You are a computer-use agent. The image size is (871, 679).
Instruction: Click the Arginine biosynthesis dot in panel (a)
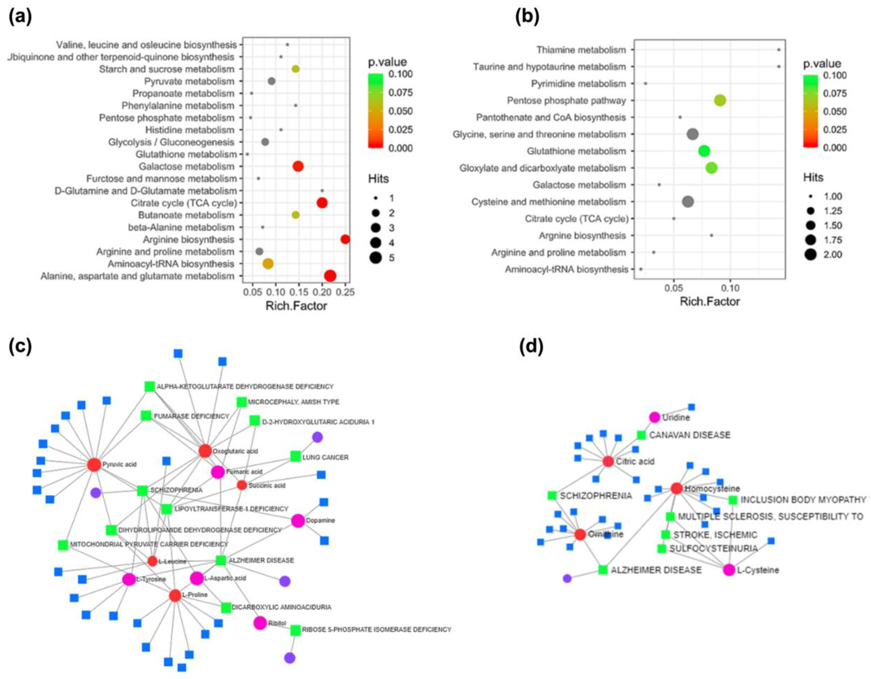coord(345,239)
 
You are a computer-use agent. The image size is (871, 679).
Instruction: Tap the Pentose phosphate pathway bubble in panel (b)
coord(720,101)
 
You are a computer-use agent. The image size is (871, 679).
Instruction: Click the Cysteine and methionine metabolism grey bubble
coord(688,202)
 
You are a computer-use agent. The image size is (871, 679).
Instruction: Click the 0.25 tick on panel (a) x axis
coord(345,292)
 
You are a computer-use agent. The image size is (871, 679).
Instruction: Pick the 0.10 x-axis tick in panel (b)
coord(730,288)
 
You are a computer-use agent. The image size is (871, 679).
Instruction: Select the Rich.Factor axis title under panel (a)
coord(296,306)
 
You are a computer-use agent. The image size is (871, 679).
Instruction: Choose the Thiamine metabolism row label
coord(581,50)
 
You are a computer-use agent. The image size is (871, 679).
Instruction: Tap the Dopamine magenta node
coord(298,521)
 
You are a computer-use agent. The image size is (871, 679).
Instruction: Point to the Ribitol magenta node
coord(260,623)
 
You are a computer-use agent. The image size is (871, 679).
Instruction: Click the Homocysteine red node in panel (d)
coord(676,488)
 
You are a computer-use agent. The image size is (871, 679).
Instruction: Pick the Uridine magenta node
coord(655,417)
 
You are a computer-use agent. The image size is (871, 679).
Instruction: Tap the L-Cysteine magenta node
coord(729,570)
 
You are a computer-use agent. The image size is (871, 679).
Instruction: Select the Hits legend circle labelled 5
coord(375,258)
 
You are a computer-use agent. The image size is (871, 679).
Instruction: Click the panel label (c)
coord(20,347)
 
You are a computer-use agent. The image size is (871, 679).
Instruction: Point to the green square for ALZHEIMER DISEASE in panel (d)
coord(603,570)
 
